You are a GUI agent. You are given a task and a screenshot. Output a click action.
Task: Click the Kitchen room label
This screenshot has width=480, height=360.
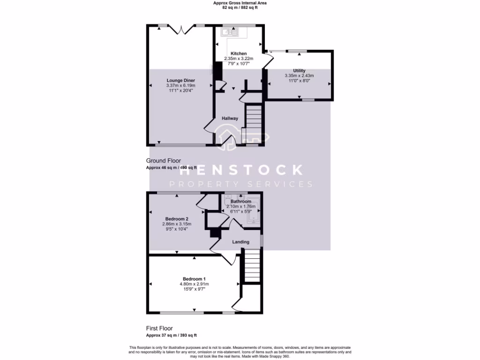(x=239, y=53)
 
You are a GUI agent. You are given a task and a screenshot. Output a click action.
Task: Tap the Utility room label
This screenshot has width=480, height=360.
(x=299, y=70)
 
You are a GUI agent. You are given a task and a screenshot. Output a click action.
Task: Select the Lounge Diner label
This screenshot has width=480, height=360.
(x=180, y=80)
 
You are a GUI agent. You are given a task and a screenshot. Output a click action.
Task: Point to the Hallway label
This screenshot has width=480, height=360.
(x=230, y=118)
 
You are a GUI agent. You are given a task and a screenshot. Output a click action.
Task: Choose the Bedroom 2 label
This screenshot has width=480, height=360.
(x=177, y=219)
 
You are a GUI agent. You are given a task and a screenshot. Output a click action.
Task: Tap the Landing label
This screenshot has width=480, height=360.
(x=241, y=242)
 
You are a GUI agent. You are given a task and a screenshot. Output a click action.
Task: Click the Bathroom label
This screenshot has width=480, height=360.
(x=240, y=202)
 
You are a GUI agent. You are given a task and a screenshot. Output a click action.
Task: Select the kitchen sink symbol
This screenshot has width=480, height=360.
(x=231, y=32)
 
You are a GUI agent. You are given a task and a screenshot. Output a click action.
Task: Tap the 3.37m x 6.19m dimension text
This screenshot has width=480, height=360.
(x=180, y=85)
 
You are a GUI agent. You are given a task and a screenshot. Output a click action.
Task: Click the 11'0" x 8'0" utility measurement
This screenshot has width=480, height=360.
(x=299, y=81)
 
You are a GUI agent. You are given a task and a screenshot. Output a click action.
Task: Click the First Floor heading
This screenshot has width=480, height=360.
(x=159, y=329)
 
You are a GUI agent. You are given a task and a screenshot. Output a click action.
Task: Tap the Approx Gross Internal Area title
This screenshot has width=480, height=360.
(x=240, y=3)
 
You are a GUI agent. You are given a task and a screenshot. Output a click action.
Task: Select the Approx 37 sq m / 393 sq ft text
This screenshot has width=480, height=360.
(x=172, y=335)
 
